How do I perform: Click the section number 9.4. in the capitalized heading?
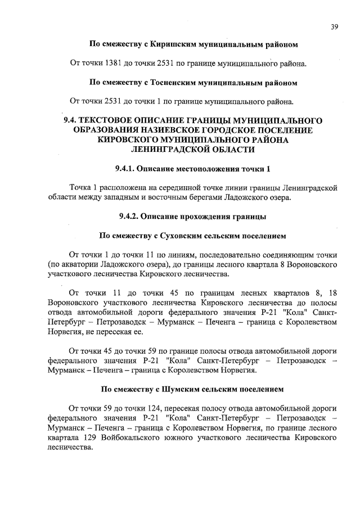(x=71, y=121)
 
